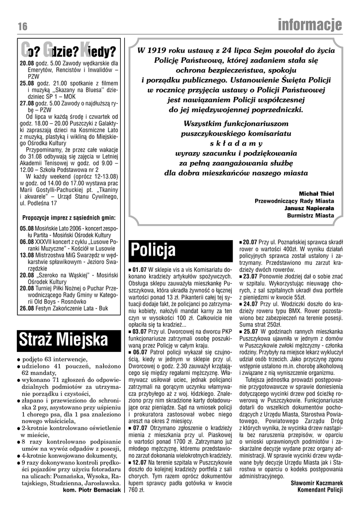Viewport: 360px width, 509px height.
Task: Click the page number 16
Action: click(21, 26)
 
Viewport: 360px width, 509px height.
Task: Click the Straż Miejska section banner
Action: click(64, 339)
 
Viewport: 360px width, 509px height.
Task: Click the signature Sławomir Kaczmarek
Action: click(317, 482)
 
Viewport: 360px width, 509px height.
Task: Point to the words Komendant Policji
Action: click(320, 490)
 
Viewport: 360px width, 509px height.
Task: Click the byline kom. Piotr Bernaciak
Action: click(93, 490)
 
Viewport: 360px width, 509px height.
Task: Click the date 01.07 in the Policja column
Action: click(140, 269)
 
